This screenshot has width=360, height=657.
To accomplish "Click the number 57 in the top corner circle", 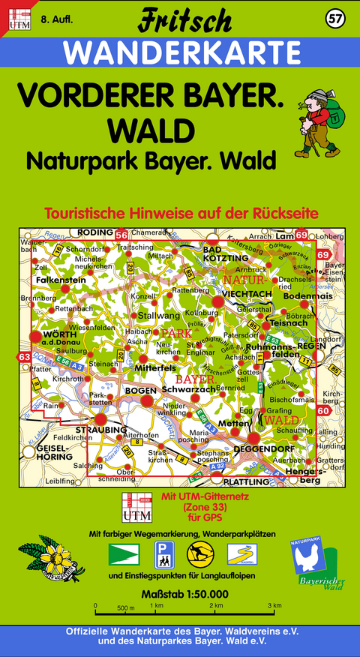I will (335, 18).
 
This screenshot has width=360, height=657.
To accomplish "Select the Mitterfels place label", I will (155, 367).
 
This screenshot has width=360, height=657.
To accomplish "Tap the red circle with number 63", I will (25, 357).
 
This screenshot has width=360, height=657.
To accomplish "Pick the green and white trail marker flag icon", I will (124, 556).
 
